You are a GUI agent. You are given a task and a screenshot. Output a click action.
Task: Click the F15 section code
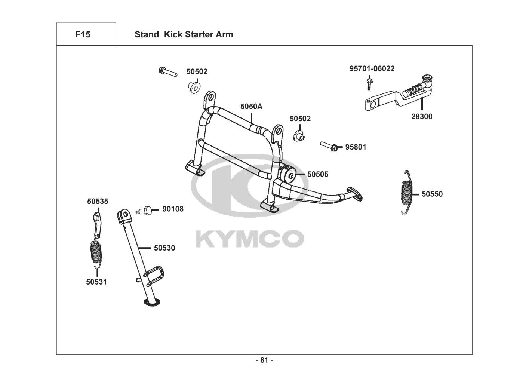83,34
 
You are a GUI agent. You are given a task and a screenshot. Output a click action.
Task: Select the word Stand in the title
147,34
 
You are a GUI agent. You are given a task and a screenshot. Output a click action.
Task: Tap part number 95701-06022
372,68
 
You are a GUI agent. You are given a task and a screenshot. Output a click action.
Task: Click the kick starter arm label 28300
422,116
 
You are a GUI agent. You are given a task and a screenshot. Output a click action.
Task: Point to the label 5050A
251,107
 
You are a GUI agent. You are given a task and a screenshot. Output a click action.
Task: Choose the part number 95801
356,147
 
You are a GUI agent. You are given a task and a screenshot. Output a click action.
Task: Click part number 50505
318,174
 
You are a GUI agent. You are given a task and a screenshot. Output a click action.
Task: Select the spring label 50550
432,194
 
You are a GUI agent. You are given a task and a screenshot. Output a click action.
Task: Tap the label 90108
173,209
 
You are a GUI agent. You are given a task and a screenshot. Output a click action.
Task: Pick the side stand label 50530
164,248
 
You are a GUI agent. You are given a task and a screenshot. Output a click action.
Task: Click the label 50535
98,202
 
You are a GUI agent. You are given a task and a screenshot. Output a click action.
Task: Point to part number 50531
96,282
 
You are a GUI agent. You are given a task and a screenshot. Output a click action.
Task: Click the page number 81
264,360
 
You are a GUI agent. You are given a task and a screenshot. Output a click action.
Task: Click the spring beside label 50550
407,193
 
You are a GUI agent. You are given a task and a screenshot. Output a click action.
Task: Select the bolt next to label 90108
144,210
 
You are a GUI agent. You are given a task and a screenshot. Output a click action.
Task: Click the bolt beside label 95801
329,146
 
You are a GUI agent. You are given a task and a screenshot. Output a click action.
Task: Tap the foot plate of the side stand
152,303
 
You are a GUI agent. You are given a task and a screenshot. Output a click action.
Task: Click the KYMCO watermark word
250,239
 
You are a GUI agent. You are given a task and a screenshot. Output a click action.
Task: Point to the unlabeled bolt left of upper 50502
168,71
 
